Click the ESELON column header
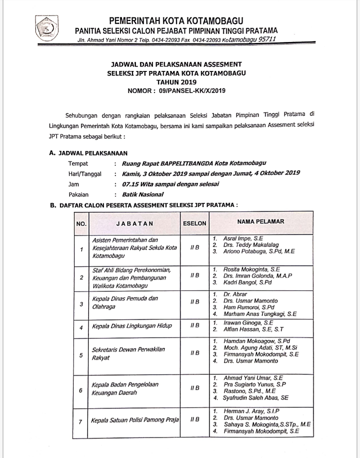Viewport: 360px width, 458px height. [x=194, y=223]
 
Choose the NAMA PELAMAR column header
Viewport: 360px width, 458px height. [x=260, y=221]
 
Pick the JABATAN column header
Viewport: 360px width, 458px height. [x=134, y=223]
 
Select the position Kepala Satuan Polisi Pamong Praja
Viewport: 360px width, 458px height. [x=134, y=420]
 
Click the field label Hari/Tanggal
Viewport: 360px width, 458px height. [x=84, y=173]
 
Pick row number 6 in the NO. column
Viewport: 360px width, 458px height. [x=80, y=390]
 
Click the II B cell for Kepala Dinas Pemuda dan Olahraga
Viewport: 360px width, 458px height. [x=194, y=302]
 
